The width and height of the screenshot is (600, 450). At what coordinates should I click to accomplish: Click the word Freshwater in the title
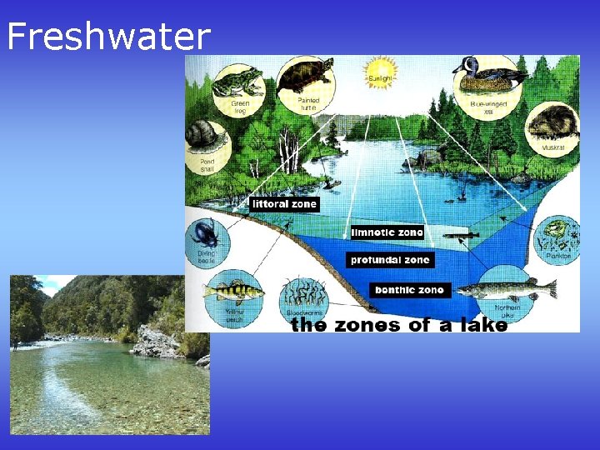108,37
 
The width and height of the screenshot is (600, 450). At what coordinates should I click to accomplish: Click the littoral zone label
284,203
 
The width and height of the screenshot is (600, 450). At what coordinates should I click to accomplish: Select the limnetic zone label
387,232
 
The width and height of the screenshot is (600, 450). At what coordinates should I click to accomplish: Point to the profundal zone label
389,260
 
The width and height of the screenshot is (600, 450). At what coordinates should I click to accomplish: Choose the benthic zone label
410,290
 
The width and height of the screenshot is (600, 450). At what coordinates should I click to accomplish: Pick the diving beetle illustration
204,235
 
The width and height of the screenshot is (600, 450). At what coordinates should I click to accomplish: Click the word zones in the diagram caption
367,325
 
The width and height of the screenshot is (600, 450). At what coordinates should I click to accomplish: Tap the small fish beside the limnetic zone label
460,236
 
